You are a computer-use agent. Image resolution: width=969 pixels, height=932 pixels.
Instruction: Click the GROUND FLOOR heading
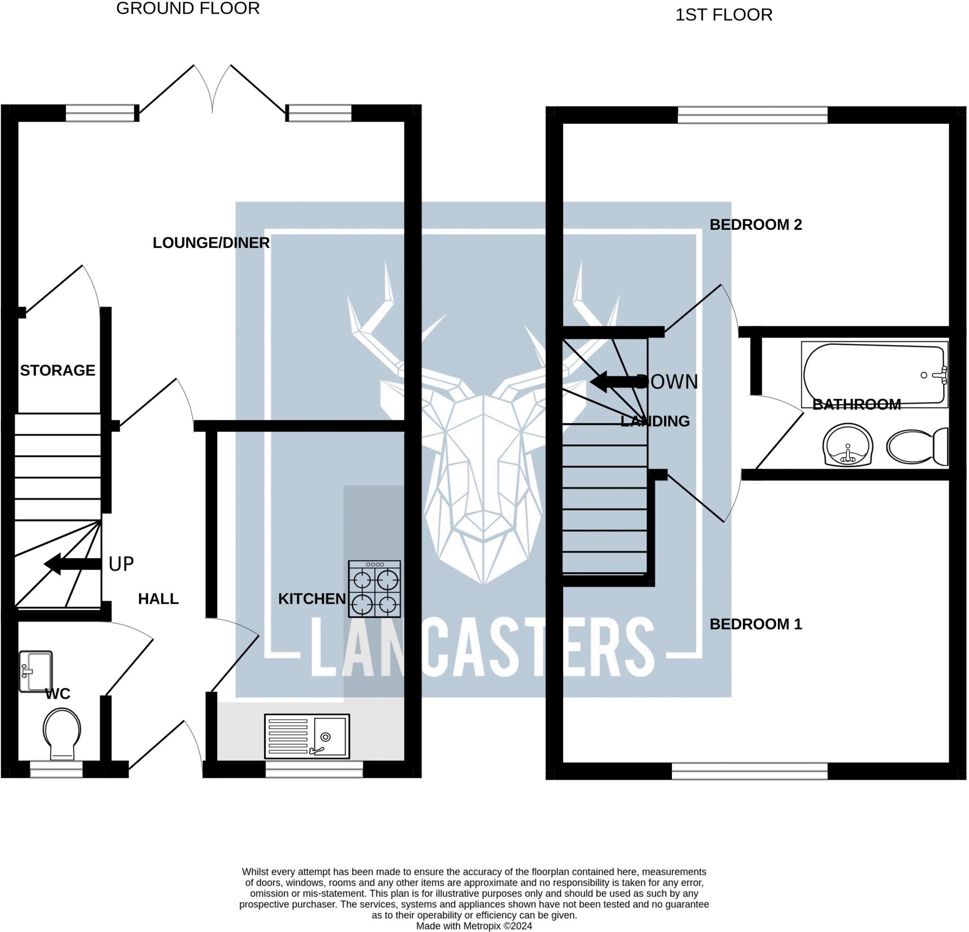(188, 9)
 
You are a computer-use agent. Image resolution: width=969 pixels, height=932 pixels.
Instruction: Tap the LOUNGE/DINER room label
(211, 243)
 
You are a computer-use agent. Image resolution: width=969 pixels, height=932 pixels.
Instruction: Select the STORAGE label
(57, 370)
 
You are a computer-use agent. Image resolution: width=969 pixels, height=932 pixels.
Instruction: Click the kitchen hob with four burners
(374, 589)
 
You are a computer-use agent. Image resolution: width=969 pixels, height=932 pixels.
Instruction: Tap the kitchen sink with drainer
(307, 736)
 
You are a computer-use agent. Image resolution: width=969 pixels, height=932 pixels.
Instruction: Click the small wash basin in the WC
(35, 671)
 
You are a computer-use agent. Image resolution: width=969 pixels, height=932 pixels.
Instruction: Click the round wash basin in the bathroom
(847, 445)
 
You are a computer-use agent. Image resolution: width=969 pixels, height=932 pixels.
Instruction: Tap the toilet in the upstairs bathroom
(917, 446)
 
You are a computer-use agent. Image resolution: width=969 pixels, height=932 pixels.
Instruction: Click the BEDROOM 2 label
(756, 225)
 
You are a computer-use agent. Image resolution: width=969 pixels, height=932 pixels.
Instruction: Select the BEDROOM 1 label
(756, 624)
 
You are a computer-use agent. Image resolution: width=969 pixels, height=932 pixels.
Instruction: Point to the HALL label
(158, 599)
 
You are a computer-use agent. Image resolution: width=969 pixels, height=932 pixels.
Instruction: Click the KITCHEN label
(312, 599)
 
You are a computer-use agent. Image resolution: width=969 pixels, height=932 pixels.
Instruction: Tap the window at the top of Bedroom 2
(752, 115)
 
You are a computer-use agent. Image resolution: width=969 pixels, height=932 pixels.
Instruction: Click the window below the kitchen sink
(314, 769)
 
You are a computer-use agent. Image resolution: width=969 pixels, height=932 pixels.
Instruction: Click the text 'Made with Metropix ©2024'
(474, 926)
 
